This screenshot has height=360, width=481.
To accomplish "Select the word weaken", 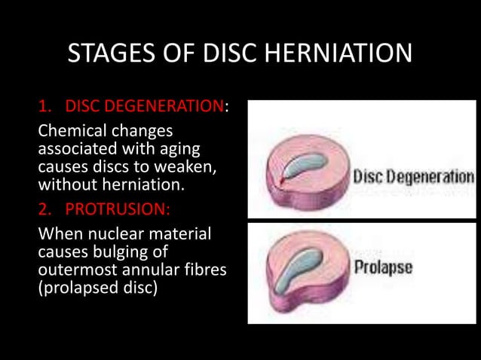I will click(182, 165).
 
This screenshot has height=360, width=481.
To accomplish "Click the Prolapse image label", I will click(383, 267).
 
